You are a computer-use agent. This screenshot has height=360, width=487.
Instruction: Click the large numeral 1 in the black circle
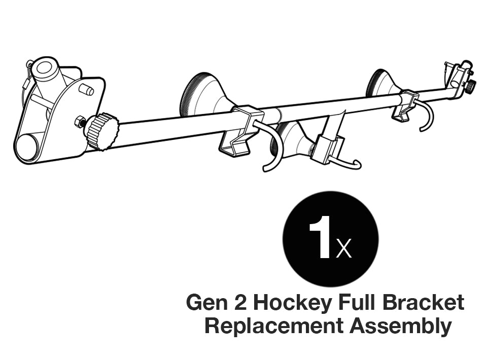(320, 238)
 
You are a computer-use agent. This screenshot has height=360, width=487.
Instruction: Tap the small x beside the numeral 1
(343, 249)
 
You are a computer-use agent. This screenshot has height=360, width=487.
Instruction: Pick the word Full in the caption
(357, 303)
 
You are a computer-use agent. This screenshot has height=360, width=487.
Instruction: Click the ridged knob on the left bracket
(102, 131)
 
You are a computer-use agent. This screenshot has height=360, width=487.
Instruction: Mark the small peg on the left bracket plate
(87, 90)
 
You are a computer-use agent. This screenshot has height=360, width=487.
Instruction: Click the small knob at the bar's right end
(471, 86)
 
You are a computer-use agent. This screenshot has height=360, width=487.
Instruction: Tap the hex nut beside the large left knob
(79, 122)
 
